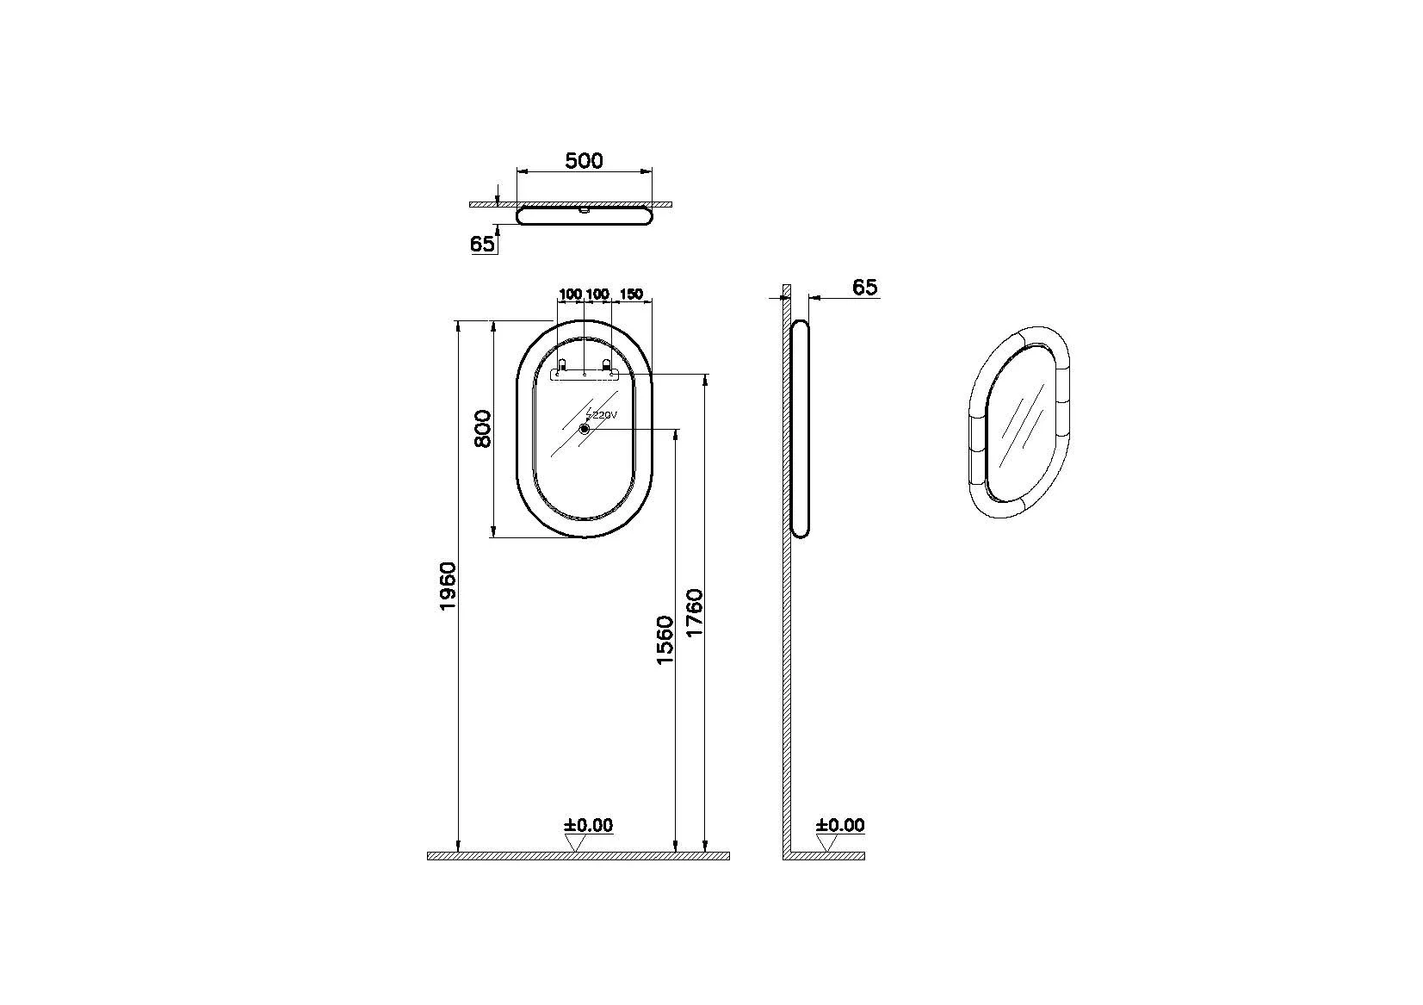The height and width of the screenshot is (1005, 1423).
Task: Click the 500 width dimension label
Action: (x=584, y=161)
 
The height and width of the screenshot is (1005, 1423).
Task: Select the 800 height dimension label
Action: (x=484, y=429)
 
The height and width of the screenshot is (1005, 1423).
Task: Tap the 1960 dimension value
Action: (x=448, y=586)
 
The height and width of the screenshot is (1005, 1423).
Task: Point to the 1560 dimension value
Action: (x=664, y=640)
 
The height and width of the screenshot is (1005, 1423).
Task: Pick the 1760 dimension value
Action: (x=695, y=613)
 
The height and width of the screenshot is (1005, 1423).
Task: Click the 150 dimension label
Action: (x=631, y=294)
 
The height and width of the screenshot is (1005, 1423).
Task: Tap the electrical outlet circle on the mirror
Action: (x=585, y=429)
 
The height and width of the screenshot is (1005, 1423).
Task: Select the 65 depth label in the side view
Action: (x=864, y=288)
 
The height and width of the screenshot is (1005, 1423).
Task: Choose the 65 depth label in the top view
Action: (x=482, y=244)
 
